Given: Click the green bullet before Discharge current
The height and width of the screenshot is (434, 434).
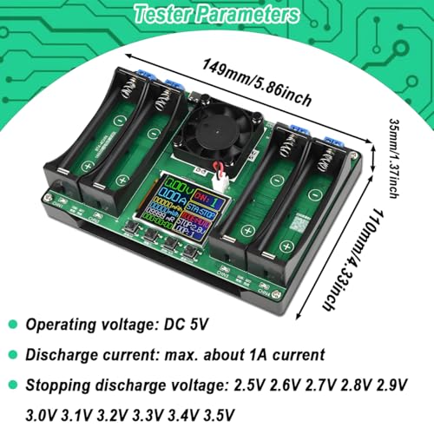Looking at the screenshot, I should pyautogui.click(x=14, y=354).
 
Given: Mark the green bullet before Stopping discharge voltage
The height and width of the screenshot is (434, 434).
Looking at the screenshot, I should pyautogui.click(x=14, y=384).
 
